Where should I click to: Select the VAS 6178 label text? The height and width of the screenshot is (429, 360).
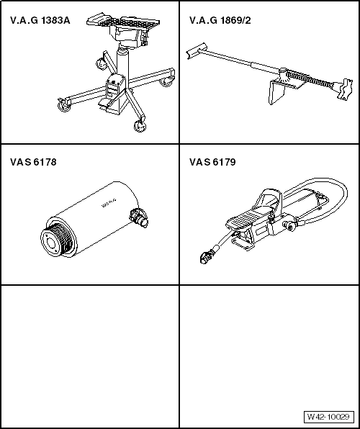tap(33, 162)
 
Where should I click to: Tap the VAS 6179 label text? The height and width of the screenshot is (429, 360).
tap(212, 162)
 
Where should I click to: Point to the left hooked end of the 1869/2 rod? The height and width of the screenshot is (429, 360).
tap(190, 51)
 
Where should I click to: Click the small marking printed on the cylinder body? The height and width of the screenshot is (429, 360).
tap(109, 202)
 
